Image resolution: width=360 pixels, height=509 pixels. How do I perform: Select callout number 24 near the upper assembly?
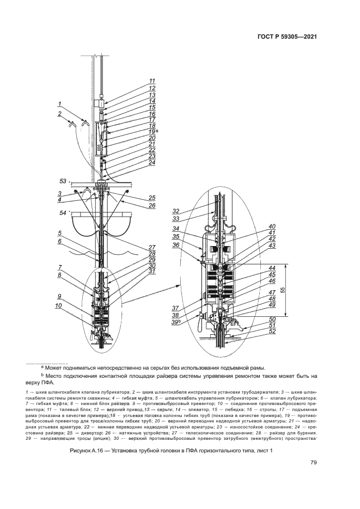pyautogui.click(x=152, y=162)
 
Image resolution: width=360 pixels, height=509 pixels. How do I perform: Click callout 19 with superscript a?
pyautogui.click(x=153, y=132)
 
